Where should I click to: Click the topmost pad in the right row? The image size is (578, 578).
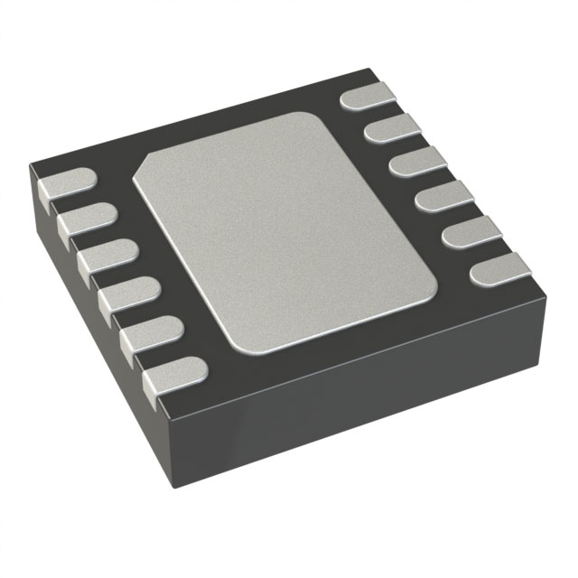tap(368, 94)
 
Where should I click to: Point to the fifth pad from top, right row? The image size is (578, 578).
tap(470, 230)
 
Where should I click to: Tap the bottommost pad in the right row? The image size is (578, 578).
tap(499, 268)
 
